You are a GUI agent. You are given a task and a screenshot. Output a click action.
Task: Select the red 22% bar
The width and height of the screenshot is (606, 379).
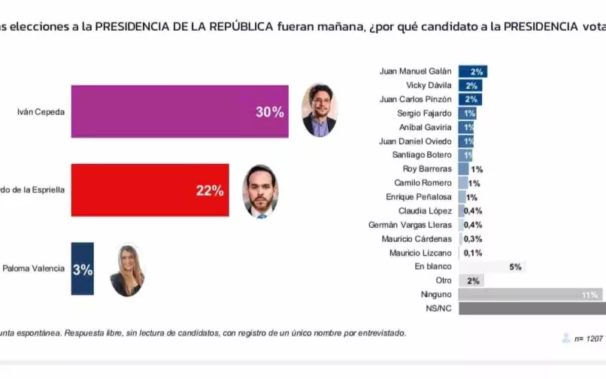pos(150,190)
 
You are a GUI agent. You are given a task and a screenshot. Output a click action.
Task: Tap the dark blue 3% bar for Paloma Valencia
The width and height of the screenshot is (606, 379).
pos(82,268)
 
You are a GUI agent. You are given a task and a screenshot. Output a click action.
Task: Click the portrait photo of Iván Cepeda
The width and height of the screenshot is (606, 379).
pos(319,111)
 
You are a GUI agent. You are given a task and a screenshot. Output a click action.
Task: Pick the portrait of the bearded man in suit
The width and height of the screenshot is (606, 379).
pos(260,192)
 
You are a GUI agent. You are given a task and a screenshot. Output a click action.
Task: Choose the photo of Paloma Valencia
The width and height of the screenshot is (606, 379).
pos(126,271)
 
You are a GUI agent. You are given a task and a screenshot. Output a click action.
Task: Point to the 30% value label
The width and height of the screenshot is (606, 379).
pos(269,112)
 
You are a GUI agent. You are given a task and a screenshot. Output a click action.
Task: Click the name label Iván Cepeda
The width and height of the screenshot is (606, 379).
pos(41,112)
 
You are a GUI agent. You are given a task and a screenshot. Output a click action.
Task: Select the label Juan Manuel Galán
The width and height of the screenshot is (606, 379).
pos(417,71)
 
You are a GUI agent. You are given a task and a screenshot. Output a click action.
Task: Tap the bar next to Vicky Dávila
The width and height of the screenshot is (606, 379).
pos(470,86)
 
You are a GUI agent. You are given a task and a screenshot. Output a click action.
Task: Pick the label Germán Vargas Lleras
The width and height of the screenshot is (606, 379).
pos(411,224)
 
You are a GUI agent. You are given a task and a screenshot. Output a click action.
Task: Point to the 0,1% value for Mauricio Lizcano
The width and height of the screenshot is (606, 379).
pos(473,253)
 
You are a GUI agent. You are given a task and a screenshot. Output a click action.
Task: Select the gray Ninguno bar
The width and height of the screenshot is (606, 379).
pos(530,295)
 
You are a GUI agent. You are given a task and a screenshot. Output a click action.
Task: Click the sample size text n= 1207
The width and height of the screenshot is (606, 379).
pos(588,339)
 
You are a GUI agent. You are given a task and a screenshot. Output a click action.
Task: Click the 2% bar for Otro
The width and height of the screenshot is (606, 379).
pos(471,280)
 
